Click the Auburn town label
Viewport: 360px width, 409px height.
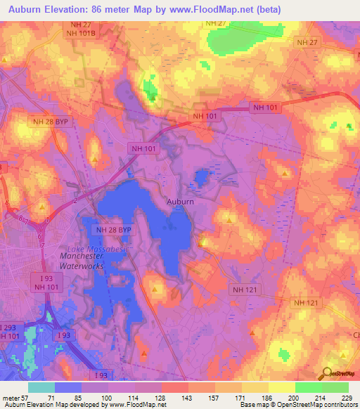tap(180, 201)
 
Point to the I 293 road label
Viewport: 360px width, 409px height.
tap(8, 327)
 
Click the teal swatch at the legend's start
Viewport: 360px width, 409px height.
tap(41, 387)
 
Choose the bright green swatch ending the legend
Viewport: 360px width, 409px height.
tap(335, 387)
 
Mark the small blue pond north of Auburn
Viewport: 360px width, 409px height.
tap(203, 176)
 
